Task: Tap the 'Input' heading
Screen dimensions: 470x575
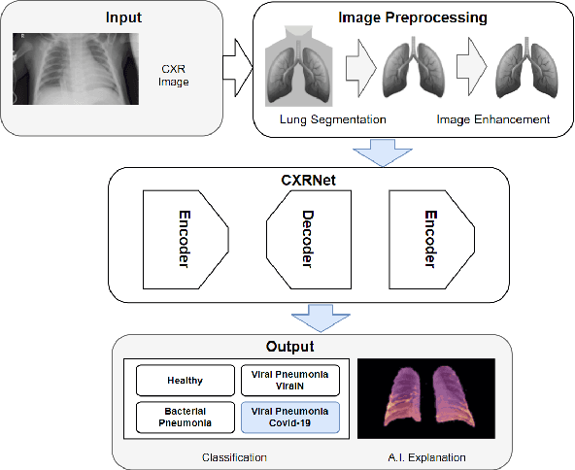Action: pos(123,17)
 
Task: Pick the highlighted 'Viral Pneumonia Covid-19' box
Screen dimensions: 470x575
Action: pos(289,416)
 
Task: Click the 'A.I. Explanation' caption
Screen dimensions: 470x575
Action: pos(425,455)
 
